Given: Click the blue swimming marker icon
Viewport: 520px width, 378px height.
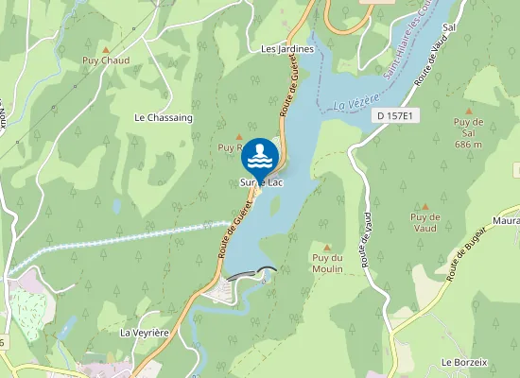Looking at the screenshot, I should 261,156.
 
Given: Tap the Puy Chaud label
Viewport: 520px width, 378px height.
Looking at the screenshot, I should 105,61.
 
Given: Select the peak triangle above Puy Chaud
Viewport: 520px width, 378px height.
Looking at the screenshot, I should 106,49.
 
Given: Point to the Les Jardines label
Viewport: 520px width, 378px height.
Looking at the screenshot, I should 286,48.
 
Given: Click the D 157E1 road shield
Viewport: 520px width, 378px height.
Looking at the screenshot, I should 394,115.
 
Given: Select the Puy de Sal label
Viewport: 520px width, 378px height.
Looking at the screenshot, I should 468,122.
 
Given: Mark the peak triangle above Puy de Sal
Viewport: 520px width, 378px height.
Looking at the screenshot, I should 468,110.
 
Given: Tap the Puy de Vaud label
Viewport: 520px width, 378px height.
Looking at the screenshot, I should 425,222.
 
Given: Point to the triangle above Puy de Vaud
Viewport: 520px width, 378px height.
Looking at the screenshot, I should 425,206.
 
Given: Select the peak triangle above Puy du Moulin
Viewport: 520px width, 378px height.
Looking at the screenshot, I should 326,247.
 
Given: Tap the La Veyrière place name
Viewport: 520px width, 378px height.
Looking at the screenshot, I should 143,334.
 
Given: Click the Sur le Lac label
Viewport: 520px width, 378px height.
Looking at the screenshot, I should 262,181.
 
